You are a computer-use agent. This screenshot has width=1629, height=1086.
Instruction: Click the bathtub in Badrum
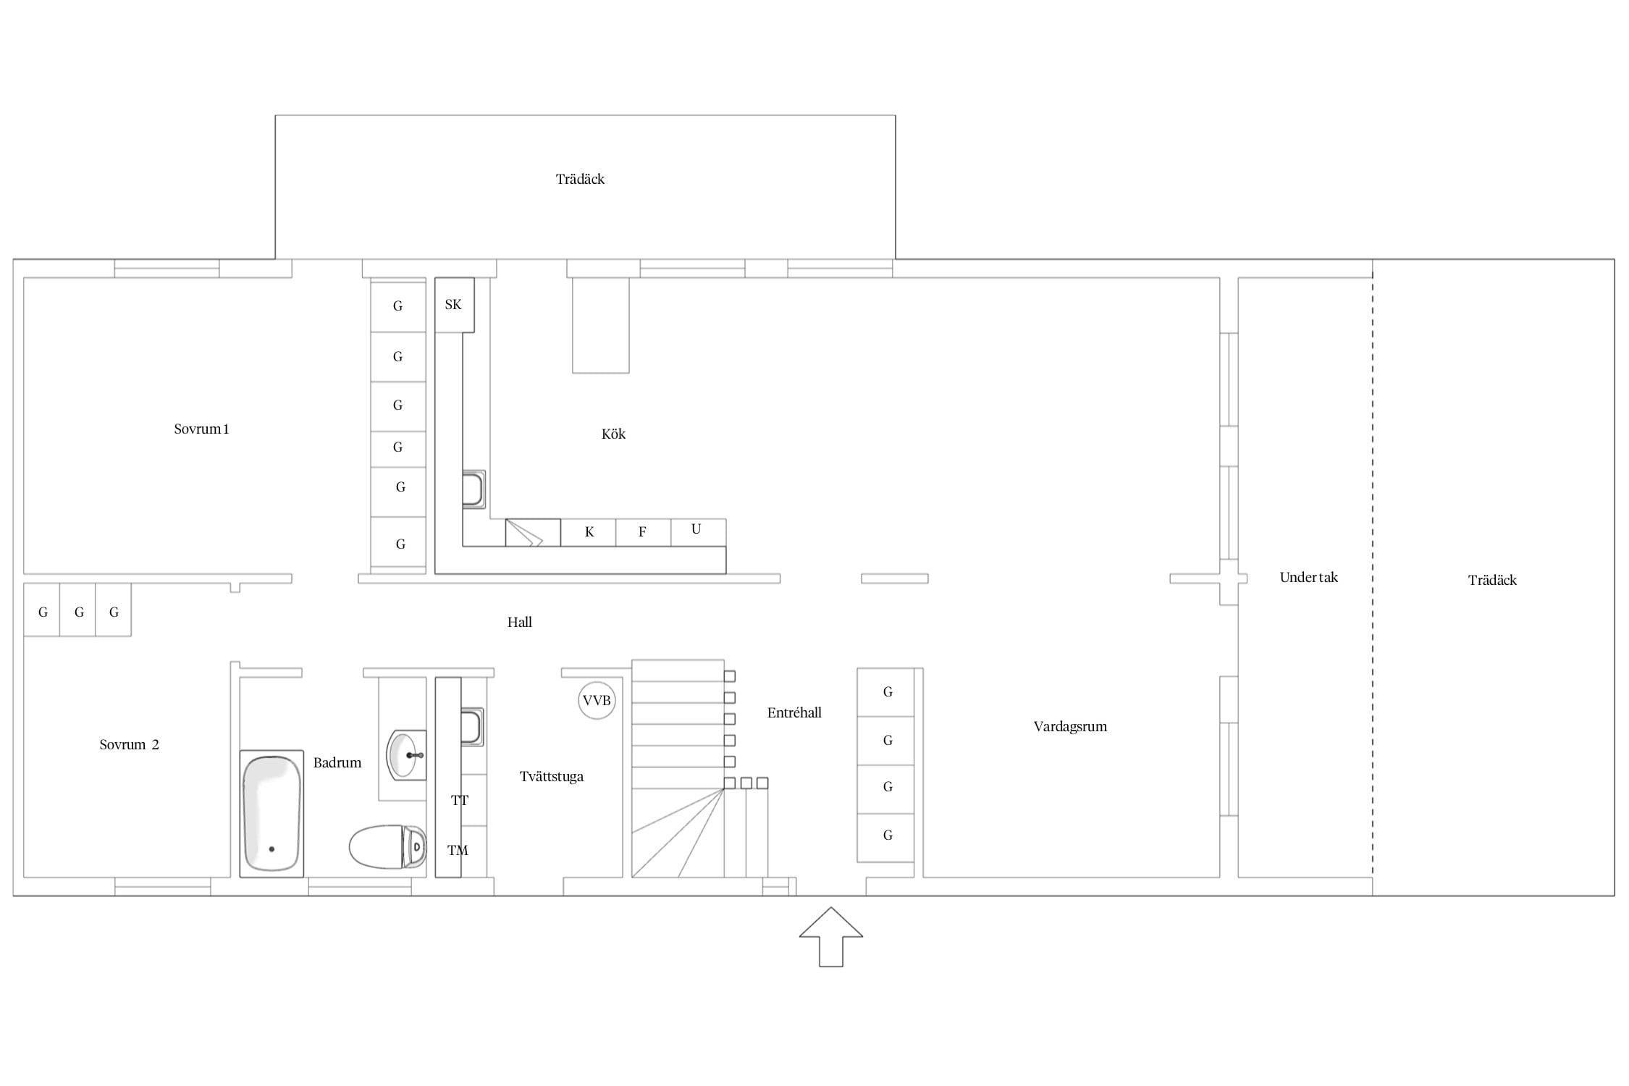pos(271,813)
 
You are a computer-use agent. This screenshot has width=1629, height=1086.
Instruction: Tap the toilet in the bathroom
pos(387,846)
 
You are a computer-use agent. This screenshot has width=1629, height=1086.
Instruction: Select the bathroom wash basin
pos(406,755)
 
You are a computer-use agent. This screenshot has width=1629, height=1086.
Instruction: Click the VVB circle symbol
pos(597,700)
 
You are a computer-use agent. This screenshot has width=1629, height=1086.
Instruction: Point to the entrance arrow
pos(831,936)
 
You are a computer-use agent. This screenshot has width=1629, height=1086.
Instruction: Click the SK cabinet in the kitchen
pos(454,305)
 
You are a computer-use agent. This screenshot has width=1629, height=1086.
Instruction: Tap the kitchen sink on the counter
pos(473,489)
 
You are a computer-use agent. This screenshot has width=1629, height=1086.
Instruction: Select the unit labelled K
pos(588,532)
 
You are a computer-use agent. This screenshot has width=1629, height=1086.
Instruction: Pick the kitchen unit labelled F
pos(643,532)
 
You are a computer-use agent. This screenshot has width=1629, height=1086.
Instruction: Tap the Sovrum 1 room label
pos(201,429)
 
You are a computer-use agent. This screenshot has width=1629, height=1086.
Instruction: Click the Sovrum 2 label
pos(129,744)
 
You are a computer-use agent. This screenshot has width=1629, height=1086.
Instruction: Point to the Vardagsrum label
pos(1070,727)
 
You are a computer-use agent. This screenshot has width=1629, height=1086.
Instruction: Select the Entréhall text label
pos(794,712)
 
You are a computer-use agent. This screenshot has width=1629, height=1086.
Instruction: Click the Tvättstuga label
pos(552,777)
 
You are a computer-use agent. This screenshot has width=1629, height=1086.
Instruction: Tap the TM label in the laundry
pos(458,851)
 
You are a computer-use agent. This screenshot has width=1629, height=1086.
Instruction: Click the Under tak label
pos(1308,577)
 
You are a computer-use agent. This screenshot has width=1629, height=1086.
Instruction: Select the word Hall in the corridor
pos(520,622)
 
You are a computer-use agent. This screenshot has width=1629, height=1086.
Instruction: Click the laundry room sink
pos(472,726)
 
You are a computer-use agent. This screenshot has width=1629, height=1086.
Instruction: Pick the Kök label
pos(613,434)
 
